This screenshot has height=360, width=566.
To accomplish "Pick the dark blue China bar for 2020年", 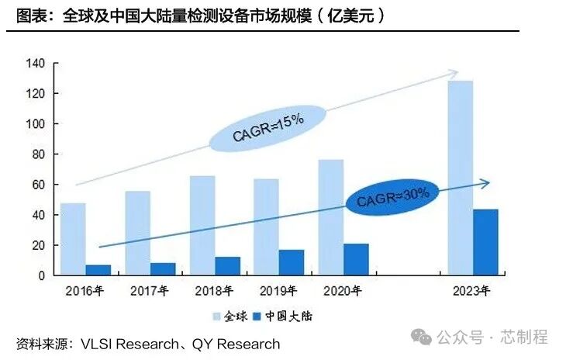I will [x=356, y=259].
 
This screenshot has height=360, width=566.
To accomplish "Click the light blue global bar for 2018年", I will [x=202, y=225].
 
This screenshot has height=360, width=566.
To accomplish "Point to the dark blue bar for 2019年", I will [x=292, y=262].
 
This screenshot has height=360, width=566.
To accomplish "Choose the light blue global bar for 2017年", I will [x=137, y=233].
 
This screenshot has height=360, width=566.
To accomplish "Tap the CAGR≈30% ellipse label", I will [x=392, y=195].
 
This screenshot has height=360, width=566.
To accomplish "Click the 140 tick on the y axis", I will [x=35, y=64].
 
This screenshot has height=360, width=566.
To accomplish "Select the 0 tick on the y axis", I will [x=41, y=275].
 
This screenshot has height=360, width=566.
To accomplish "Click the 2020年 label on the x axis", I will [x=342, y=292].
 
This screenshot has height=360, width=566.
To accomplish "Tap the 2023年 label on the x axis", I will [x=471, y=292].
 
